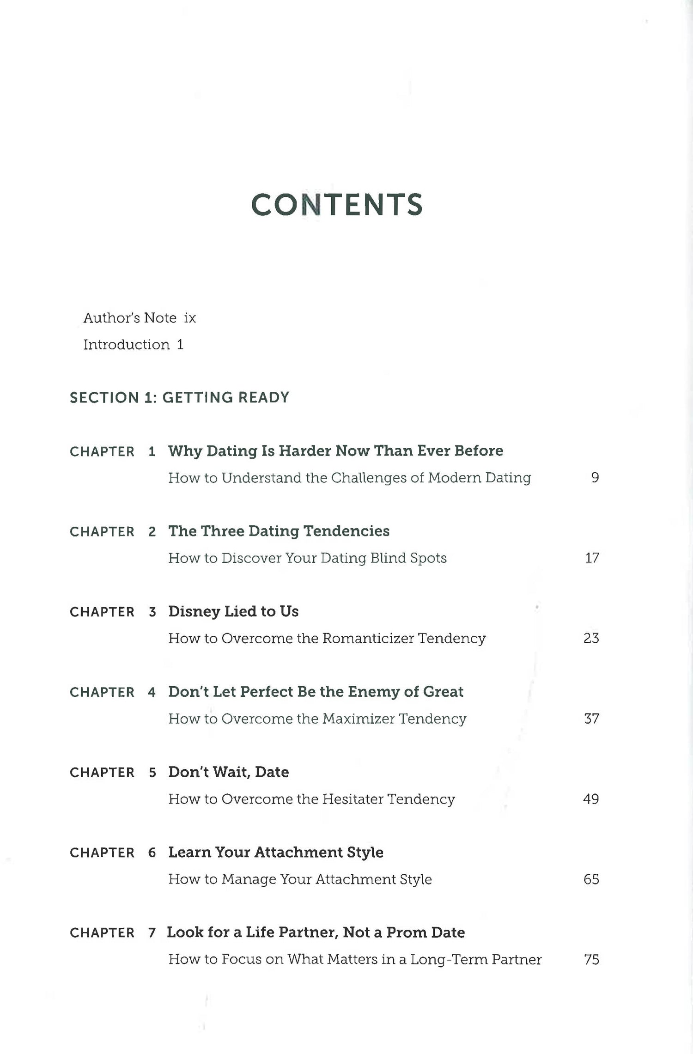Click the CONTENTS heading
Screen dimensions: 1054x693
click(x=337, y=205)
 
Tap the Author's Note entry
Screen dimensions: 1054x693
click(x=130, y=318)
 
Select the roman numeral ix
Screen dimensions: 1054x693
click(x=190, y=318)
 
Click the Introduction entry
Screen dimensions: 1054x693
click(x=126, y=345)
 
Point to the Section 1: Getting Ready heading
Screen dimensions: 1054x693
click(x=179, y=397)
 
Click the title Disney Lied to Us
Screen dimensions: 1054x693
click(x=233, y=611)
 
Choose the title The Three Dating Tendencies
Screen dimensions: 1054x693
click(x=279, y=531)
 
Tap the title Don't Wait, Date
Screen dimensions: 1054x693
click(x=228, y=772)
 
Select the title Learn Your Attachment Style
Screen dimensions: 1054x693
click(x=276, y=852)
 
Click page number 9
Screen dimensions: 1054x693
click(x=595, y=477)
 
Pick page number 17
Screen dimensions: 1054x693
click(x=592, y=558)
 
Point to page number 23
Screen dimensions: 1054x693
click(x=591, y=638)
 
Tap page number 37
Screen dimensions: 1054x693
click(x=591, y=719)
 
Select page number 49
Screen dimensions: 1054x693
click(x=591, y=799)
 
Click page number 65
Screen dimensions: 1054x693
click(x=591, y=879)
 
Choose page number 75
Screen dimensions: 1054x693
click(x=592, y=960)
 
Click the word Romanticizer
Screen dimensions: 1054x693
click(x=368, y=638)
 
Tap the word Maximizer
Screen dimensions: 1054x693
click(x=359, y=719)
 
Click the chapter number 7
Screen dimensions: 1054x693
click(x=152, y=933)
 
